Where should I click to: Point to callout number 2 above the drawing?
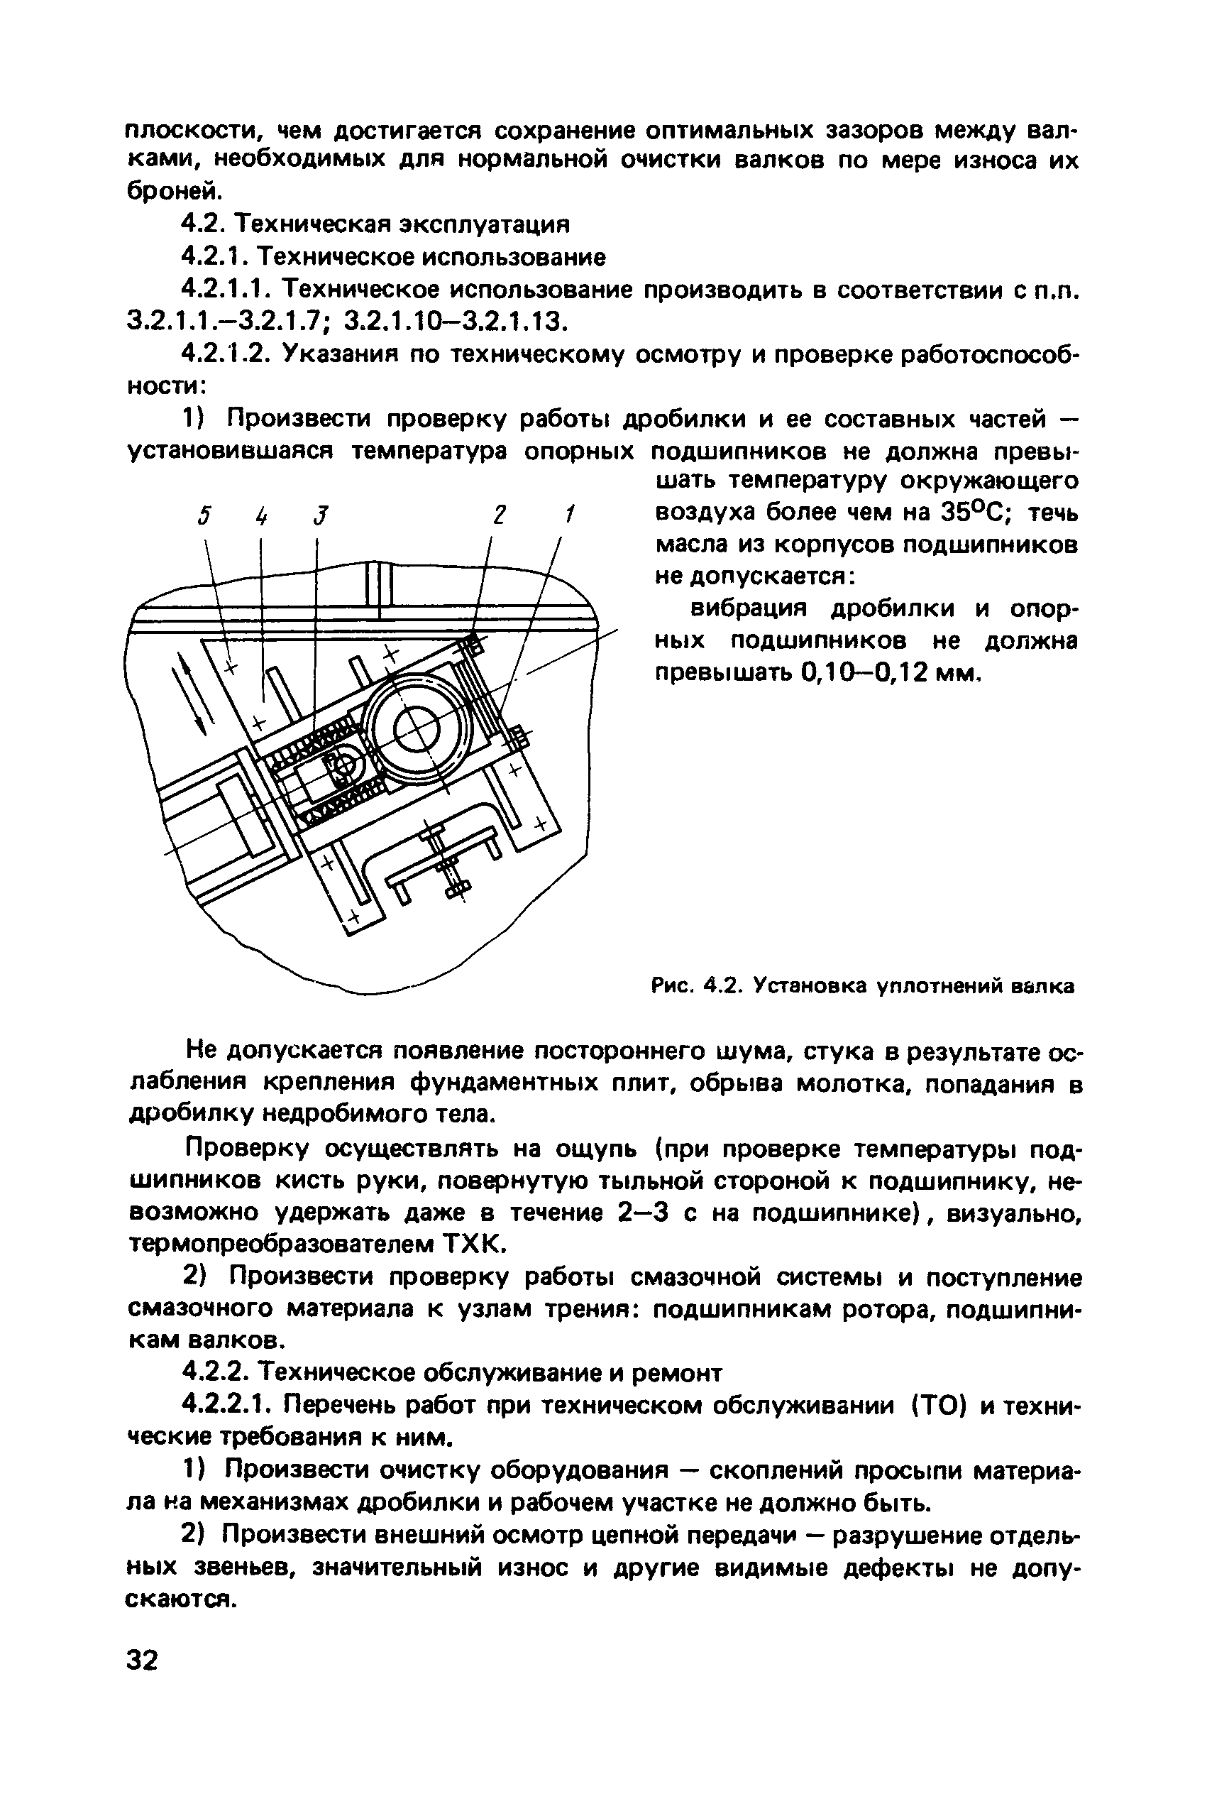click(x=500, y=514)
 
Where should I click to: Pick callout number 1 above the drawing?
click(x=569, y=514)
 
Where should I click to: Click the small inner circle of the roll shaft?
click(x=416, y=729)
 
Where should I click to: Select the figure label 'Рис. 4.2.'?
click(x=696, y=985)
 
